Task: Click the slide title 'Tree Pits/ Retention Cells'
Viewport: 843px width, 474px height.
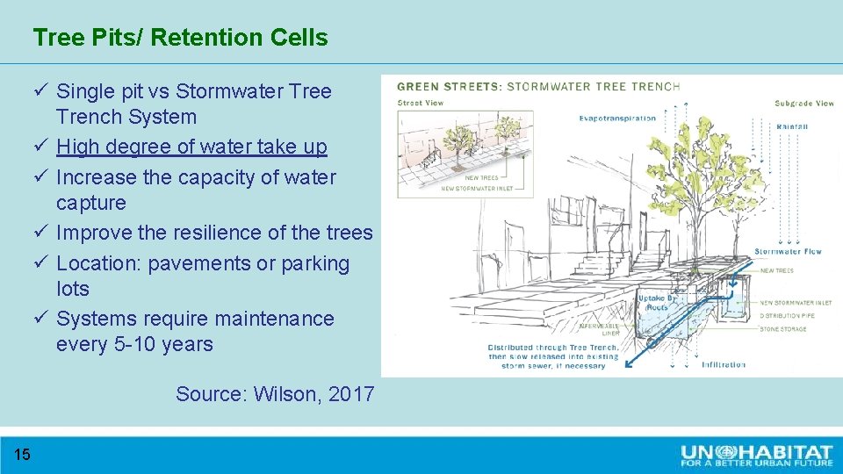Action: coord(180,38)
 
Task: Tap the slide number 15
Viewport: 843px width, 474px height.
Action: coord(23,454)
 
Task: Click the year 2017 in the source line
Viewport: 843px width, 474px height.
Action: coord(351,394)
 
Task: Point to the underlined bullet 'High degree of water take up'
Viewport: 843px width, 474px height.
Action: coord(191,147)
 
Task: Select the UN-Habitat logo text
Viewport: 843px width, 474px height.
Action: coord(756,454)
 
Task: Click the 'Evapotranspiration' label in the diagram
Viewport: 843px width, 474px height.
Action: coord(617,118)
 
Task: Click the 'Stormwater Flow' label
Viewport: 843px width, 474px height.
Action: coord(788,252)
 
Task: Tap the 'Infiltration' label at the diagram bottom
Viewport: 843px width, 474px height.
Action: coord(724,364)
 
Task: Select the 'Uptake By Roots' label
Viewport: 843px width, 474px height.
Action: coord(656,303)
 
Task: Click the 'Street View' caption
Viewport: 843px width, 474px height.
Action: coord(421,103)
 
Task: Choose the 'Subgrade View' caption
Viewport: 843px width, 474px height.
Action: coord(804,103)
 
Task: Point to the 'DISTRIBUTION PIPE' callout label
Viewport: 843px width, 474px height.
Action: coord(789,316)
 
